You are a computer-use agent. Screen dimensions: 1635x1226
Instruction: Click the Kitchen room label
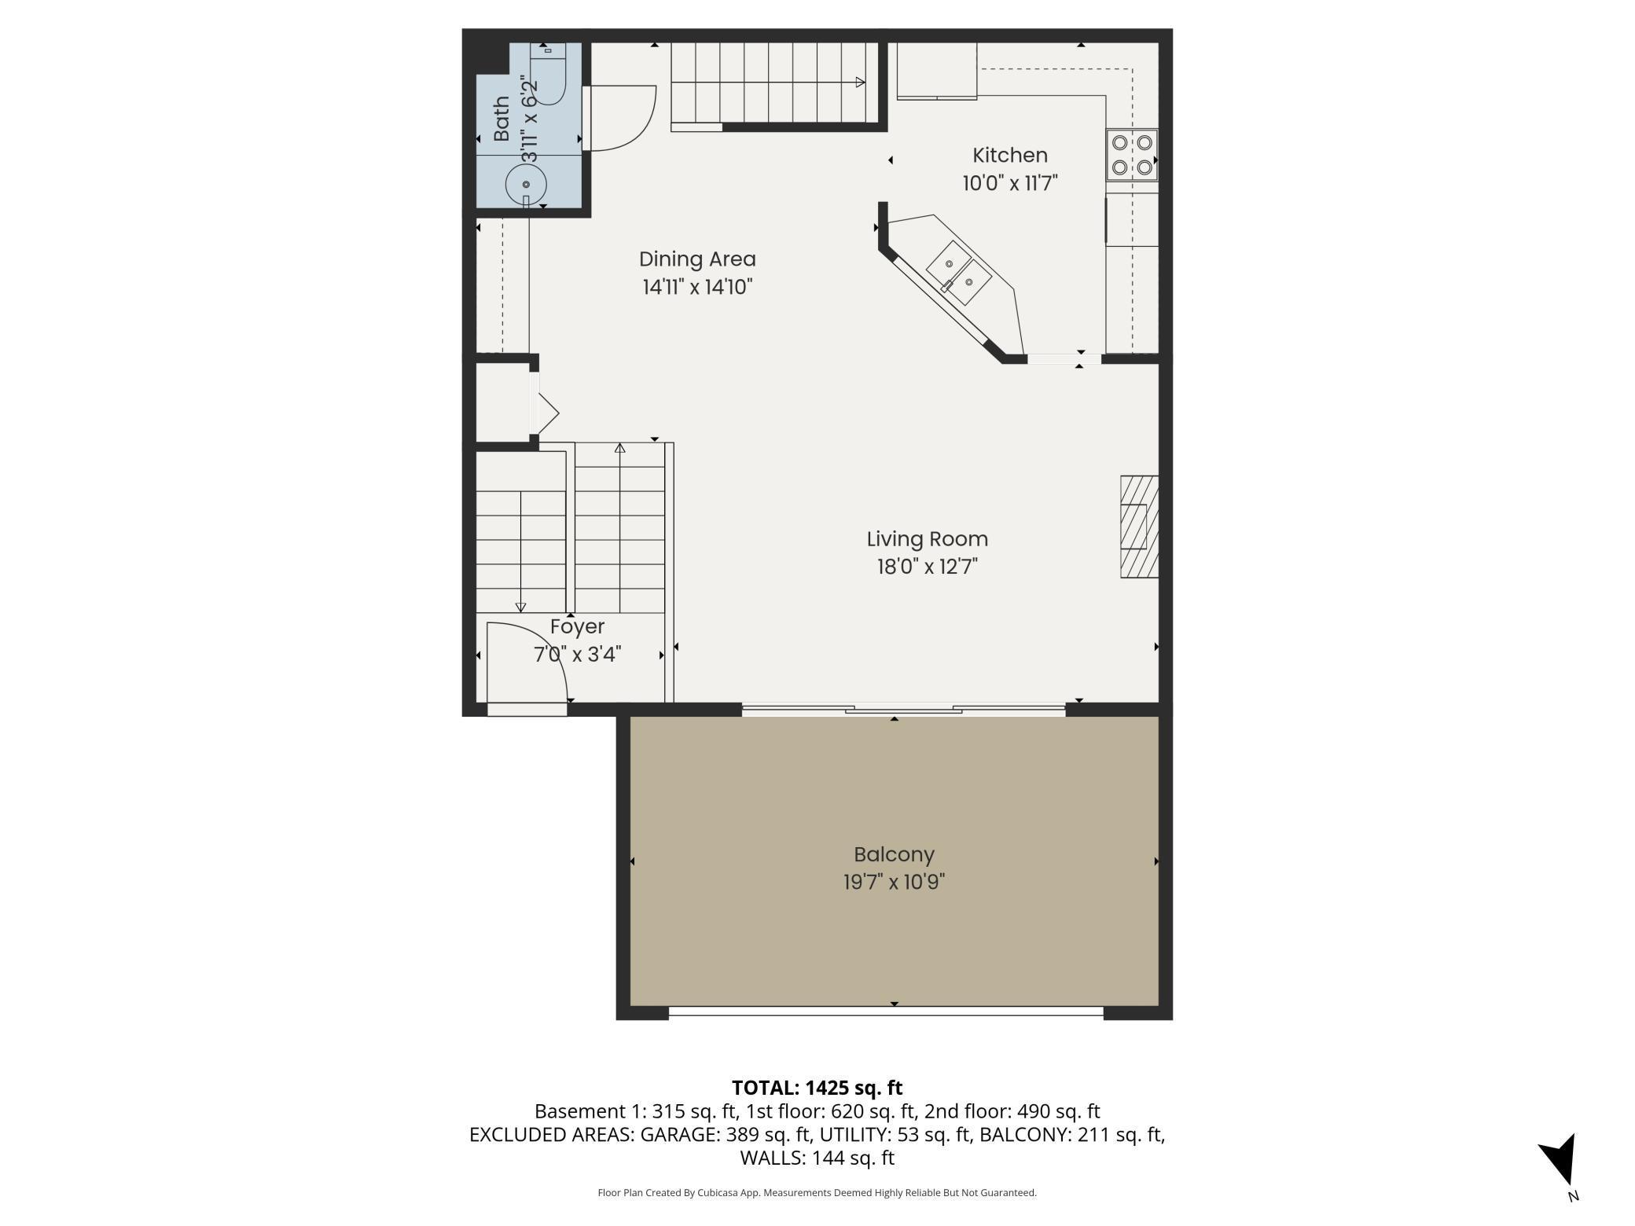coord(1010,156)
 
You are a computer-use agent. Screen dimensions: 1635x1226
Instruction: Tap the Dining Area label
coord(697,259)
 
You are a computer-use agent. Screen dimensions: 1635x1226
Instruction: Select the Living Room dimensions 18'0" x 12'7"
coord(928,567)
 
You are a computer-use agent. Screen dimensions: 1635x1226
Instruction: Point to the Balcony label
coord(894,854)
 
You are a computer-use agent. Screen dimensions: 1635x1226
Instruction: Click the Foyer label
coord(577,627)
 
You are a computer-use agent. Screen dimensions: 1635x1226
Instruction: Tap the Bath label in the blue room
coord(502,119)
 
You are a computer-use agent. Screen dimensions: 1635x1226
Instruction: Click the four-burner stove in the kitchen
coord(1132,155)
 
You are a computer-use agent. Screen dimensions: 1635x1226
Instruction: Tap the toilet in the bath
coord(548,73)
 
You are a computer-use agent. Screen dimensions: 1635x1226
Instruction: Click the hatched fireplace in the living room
coord(1139,527)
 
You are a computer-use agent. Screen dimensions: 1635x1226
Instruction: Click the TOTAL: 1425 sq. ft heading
coord(817,1088)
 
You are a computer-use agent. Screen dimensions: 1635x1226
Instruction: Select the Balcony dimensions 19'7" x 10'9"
coord(894,882)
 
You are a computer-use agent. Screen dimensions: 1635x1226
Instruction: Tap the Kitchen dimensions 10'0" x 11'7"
coord(1010,183)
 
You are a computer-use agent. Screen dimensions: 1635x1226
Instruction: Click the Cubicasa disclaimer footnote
coord(817,1193)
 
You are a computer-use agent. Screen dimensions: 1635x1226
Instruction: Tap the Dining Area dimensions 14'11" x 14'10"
coord(697,287)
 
